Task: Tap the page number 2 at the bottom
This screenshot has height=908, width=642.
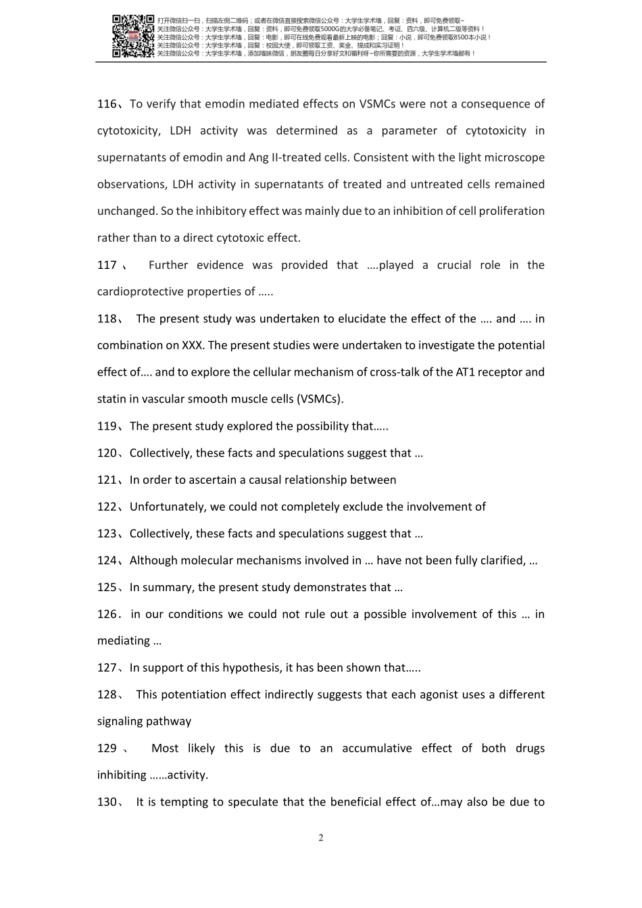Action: tap(321, 838)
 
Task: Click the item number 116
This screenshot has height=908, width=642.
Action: tap(107, 104)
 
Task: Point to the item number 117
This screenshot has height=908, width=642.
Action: tap(107, 266)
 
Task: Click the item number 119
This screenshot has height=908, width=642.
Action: tap(107, 426)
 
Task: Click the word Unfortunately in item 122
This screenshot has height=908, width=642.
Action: tap(167, 507)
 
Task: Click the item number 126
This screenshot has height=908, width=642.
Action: tap(107, 615)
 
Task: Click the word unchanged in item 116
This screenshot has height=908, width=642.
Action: tap(127, 211)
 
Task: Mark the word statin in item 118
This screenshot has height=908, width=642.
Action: tap(112, 399)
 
